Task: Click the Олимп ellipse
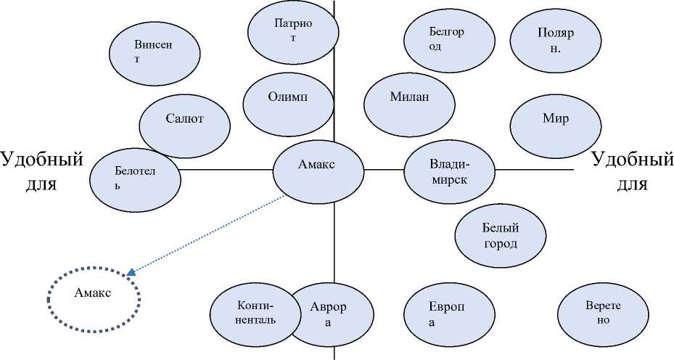(x=287, y=100)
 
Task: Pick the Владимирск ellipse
(x=448, y=173)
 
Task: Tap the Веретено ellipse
(x=603, y=313)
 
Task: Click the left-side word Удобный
(x=41, y=159)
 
